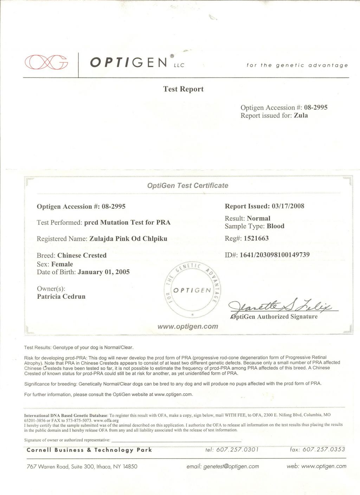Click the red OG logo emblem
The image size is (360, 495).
tap(46, 62)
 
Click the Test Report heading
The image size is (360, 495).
tap(183, 89)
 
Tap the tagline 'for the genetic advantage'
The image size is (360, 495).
tap(297, 65)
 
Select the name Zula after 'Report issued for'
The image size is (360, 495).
tap(301, 116)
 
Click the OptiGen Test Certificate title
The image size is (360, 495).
tap(188, 185)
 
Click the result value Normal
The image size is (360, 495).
tap(259, 218)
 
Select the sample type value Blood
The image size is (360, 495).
tap(275, 226)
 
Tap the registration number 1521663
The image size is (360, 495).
tap(256, 238)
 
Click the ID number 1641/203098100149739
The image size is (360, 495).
tap(275, 255)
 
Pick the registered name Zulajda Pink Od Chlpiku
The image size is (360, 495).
tap(128, 239)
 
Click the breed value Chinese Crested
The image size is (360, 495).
tap(82, 255)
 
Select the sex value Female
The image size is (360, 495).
tap(62, 264)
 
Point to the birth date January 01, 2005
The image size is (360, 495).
tap(104, 272)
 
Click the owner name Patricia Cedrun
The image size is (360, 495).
tap(61, 297)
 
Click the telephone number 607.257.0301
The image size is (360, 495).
tap(237, 449)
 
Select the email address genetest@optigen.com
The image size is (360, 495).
tap(231, 467)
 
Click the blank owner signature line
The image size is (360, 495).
tap(176, 440)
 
